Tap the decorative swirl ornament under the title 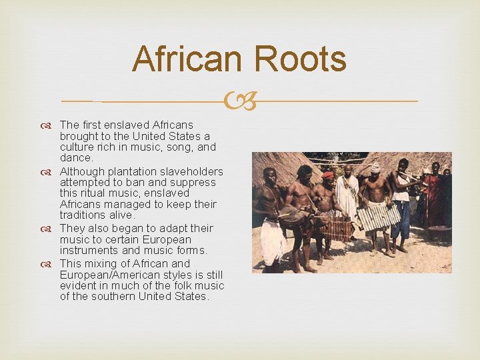tap(240, 102)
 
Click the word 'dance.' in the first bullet tap(76, 158)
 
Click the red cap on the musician tap(327, 175)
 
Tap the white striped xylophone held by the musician tap(379, 215)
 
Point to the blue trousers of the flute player tap(401, 220)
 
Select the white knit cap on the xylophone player tap(375, 167)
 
